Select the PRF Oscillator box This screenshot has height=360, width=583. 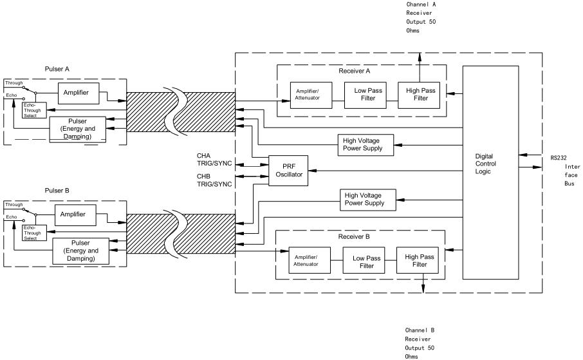click(x=288, y=171)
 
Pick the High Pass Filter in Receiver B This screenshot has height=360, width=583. click(x=419, y=260)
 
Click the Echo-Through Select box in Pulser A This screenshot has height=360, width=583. click(x=33, y=110)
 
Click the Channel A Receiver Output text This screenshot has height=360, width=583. click(x=421, y=17)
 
